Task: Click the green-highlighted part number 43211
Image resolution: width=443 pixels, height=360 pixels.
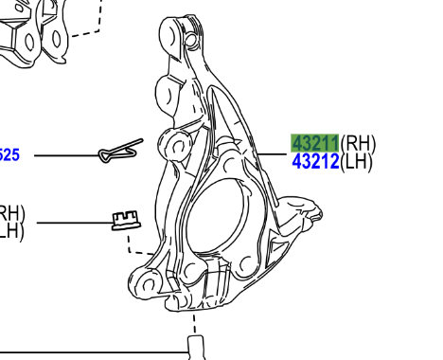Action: tap(315, 143)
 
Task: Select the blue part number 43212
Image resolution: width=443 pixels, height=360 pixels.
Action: tap(315, 162)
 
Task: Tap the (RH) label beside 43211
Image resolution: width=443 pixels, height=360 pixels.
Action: tap(358, 143)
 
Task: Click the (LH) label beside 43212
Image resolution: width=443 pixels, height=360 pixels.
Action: tap(357, 162)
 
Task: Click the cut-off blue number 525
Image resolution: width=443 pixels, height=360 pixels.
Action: tap(9, 155)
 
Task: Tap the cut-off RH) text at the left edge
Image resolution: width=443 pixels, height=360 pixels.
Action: tap(12, 212)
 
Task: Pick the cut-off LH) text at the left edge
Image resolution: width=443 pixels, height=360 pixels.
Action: tap(10, 228)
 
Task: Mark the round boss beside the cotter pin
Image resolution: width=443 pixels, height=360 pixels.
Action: tap(176, 143)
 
